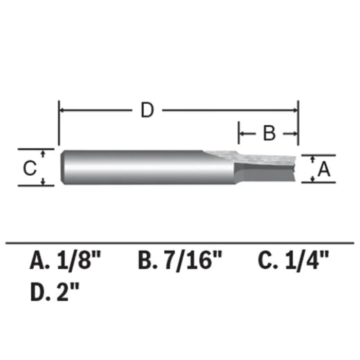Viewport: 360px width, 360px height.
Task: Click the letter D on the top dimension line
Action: point(146,110)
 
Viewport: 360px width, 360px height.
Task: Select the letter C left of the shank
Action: point(29,168)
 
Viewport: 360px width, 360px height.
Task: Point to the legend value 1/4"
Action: point(305,261)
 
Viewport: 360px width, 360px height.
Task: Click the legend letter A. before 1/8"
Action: point(40,261)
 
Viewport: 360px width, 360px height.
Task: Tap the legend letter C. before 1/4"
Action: point(267,261)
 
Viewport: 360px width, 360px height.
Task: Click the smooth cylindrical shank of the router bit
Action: point(132,167)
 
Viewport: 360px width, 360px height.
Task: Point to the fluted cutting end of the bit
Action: point(267,166)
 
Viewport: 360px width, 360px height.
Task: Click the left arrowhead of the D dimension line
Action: point(63,109)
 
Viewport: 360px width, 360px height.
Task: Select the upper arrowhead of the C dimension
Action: point(43,152)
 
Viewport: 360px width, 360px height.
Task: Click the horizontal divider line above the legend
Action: point(180,243)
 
